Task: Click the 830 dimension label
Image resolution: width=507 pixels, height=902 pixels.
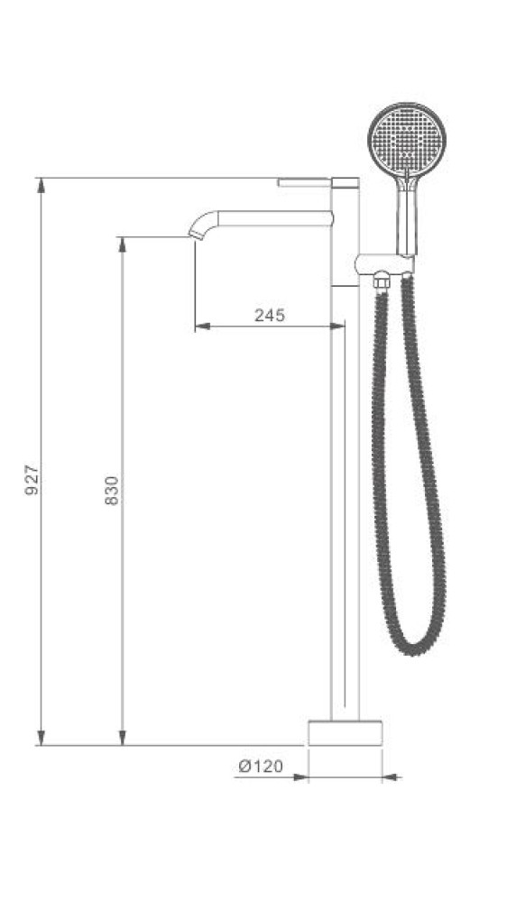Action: (112, 490)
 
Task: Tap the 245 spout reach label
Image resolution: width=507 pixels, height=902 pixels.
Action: (270, 315)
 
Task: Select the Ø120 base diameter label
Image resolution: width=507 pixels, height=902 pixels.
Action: (261, 766)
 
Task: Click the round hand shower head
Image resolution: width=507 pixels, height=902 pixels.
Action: (407, 139)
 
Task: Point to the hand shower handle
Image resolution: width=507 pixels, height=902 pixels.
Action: (407, 216)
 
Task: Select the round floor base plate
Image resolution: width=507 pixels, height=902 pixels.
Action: (346, 732)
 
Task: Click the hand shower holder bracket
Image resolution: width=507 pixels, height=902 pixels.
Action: (383, 263)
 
